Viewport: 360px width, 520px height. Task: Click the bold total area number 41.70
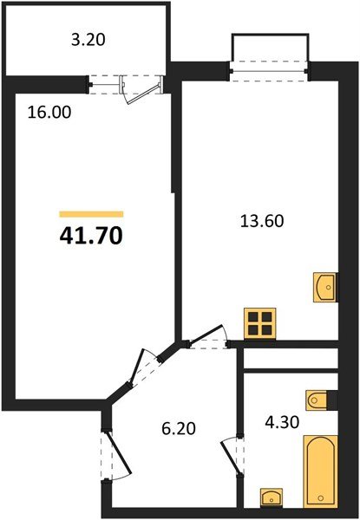(x=91, y=236)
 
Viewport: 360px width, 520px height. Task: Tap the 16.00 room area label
(x=49, y=113)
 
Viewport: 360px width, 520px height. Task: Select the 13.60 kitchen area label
(x=262, y=221)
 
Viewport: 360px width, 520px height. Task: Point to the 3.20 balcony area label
(x=88, y=40)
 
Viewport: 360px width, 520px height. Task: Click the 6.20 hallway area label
(x=179, y=428)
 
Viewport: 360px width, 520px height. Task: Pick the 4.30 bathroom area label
(x=282, y=422)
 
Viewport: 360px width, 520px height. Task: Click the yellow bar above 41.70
(x=91, y=214)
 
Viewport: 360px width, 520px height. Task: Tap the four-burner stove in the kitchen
(x=259, y=323)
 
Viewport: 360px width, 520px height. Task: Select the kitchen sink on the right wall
(x=325, y=287)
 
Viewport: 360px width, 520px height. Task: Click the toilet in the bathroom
(x=317, y=400)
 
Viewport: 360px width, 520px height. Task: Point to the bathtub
(x=320, y=471)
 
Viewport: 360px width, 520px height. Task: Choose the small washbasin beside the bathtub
(x=272, y=497)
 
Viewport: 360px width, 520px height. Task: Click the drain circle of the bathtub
(x=320, y=497)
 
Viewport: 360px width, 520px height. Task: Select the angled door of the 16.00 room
(x=138, y=367)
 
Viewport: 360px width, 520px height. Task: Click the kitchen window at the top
(x=270, y=71)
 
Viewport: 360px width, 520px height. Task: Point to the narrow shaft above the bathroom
(x=291, y=358)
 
